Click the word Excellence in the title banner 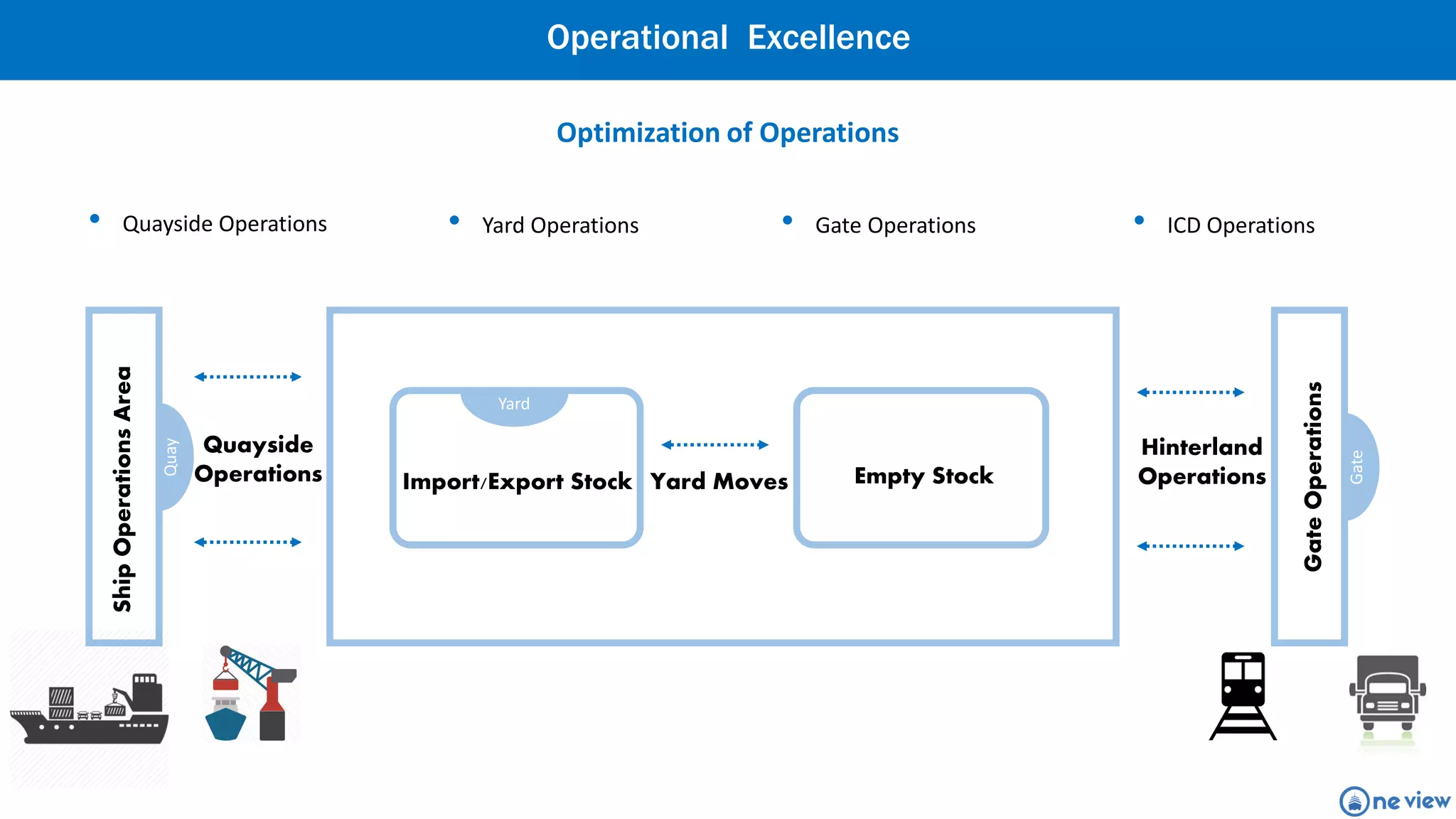(828, 38)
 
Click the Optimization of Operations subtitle (727, 133)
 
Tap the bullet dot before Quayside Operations (95, 219)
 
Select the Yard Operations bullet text (560, 225)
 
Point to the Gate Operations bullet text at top (895, 225)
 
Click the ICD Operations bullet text (1241, 225)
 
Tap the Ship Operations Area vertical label (123, 489)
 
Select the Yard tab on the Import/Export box (514, 405)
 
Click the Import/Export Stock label (517, 482)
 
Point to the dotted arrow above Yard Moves (714, 445)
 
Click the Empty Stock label (924, 476)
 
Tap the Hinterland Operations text (1201, 461)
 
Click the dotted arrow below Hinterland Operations (1190, 546)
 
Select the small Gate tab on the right (1357, 466)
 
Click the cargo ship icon (89, 711)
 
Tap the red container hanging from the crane (226, 684)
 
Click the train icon (1243, 695)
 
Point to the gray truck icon (1387, 696)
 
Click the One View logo (1394, 801)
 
